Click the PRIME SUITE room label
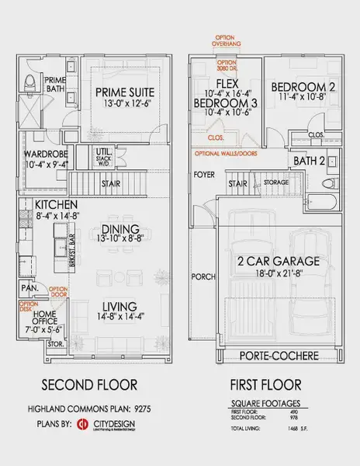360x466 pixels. pos(125,92)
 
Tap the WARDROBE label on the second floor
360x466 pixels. pos(46,154)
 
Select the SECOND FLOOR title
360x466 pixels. pos(90,385)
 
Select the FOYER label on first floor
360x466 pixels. pos(204,174)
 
